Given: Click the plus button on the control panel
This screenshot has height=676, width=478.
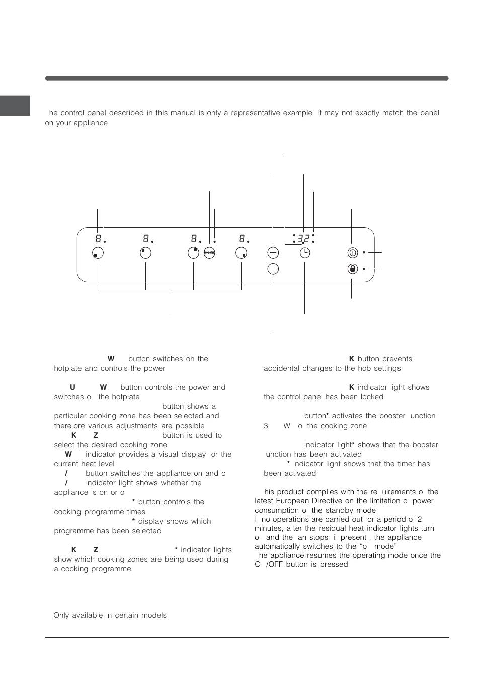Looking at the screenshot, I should tap(273, 253).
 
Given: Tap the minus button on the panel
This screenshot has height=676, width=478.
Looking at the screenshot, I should tap(273, 269).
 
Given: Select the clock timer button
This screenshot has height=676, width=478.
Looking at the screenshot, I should tap(305, 253).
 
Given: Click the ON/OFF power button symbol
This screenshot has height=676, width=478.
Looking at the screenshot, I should tap(352, 253).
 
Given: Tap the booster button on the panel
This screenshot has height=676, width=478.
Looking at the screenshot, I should tap(210, 253).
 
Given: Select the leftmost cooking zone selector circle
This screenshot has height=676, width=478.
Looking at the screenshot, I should tap(98, 253).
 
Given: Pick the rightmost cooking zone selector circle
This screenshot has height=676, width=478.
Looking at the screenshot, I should tap(242, 253).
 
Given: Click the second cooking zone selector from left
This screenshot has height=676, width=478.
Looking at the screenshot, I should tap(145, 253).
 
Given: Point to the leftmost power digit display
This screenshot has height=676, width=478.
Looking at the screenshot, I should tap(99, 239).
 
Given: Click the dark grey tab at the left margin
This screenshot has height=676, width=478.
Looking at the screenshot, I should tap(15, 105).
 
